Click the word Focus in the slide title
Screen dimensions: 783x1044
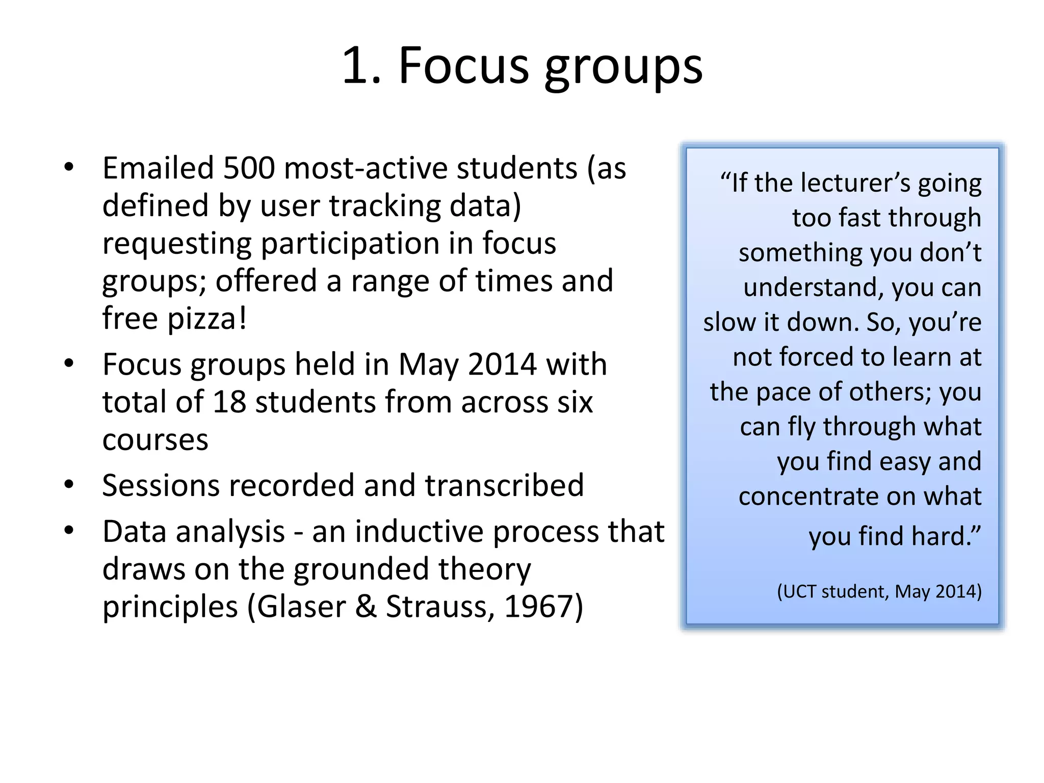(463, 66)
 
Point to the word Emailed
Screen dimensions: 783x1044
(158, 168)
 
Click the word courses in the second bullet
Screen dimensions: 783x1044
(155, 440)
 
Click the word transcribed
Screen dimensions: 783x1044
(504, 485)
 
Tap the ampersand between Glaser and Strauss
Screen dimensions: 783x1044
(366, 607)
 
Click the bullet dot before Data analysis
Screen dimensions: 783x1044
(69, 531)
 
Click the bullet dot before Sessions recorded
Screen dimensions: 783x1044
(69, 484)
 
